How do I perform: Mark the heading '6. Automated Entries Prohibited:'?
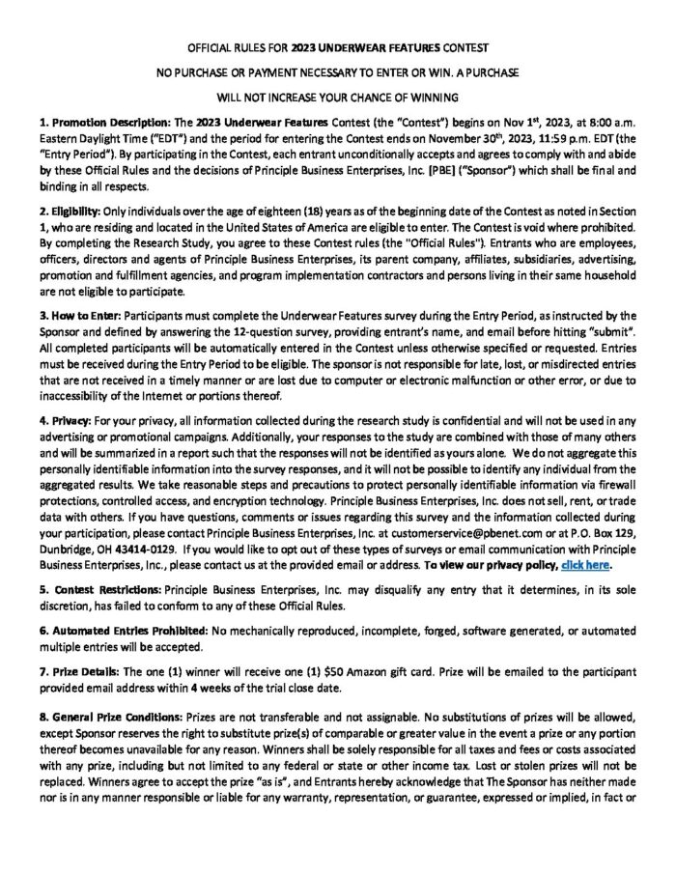click(119, 630)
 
